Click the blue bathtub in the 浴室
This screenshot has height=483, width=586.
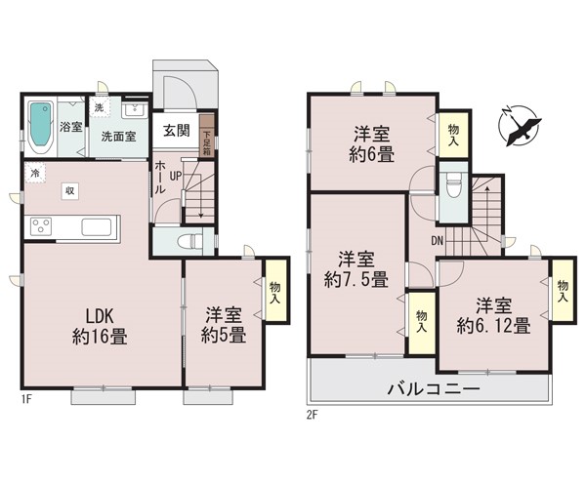click(x=40, y=125)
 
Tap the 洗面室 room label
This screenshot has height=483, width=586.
click(x=118, y=137)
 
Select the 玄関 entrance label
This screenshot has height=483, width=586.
click(x=177, y=131)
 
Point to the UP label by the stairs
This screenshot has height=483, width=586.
click(x=176, y=176)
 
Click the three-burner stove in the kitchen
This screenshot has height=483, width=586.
click(x=41, y=226)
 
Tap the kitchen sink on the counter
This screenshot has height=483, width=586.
click(x=97, y=227)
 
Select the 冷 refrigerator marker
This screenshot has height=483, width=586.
click(x=35, y=173)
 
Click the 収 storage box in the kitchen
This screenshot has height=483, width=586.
click(x=70, y=191)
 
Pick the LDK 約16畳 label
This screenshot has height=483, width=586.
click(x=100, y=326)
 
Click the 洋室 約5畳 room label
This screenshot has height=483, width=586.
click(x=224, y=325)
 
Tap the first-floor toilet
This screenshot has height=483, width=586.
click(x=188, y=241)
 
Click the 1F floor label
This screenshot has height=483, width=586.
click(x=26, y=400)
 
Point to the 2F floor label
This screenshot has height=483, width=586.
click(x=312, y=415)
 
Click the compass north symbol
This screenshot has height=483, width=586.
click(x=520, y=126)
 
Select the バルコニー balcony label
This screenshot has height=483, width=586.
click(x=433, y=389)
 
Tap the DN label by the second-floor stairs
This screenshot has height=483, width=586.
click(x=437, y=241)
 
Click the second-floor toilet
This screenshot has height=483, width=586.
click(x=453, y=186)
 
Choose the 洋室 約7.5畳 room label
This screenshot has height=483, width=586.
click(x=356, y=269)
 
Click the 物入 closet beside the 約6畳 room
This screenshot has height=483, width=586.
click(x=453, y=135)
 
